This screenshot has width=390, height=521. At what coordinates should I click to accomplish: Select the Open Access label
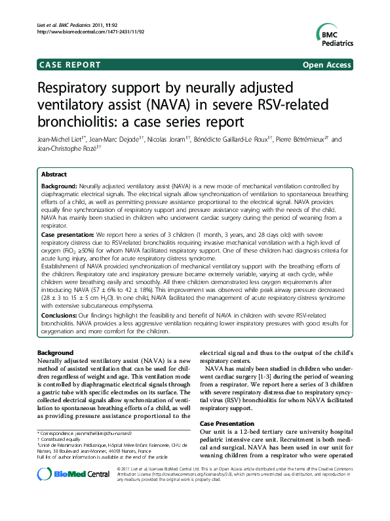pyautogui.click(x=327, y=65)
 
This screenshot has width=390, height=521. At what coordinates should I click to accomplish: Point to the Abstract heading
pyautogui.click(x=54, y=175)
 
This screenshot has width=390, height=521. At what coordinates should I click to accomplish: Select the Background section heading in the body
pyautogui.click(x=56, y=353)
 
